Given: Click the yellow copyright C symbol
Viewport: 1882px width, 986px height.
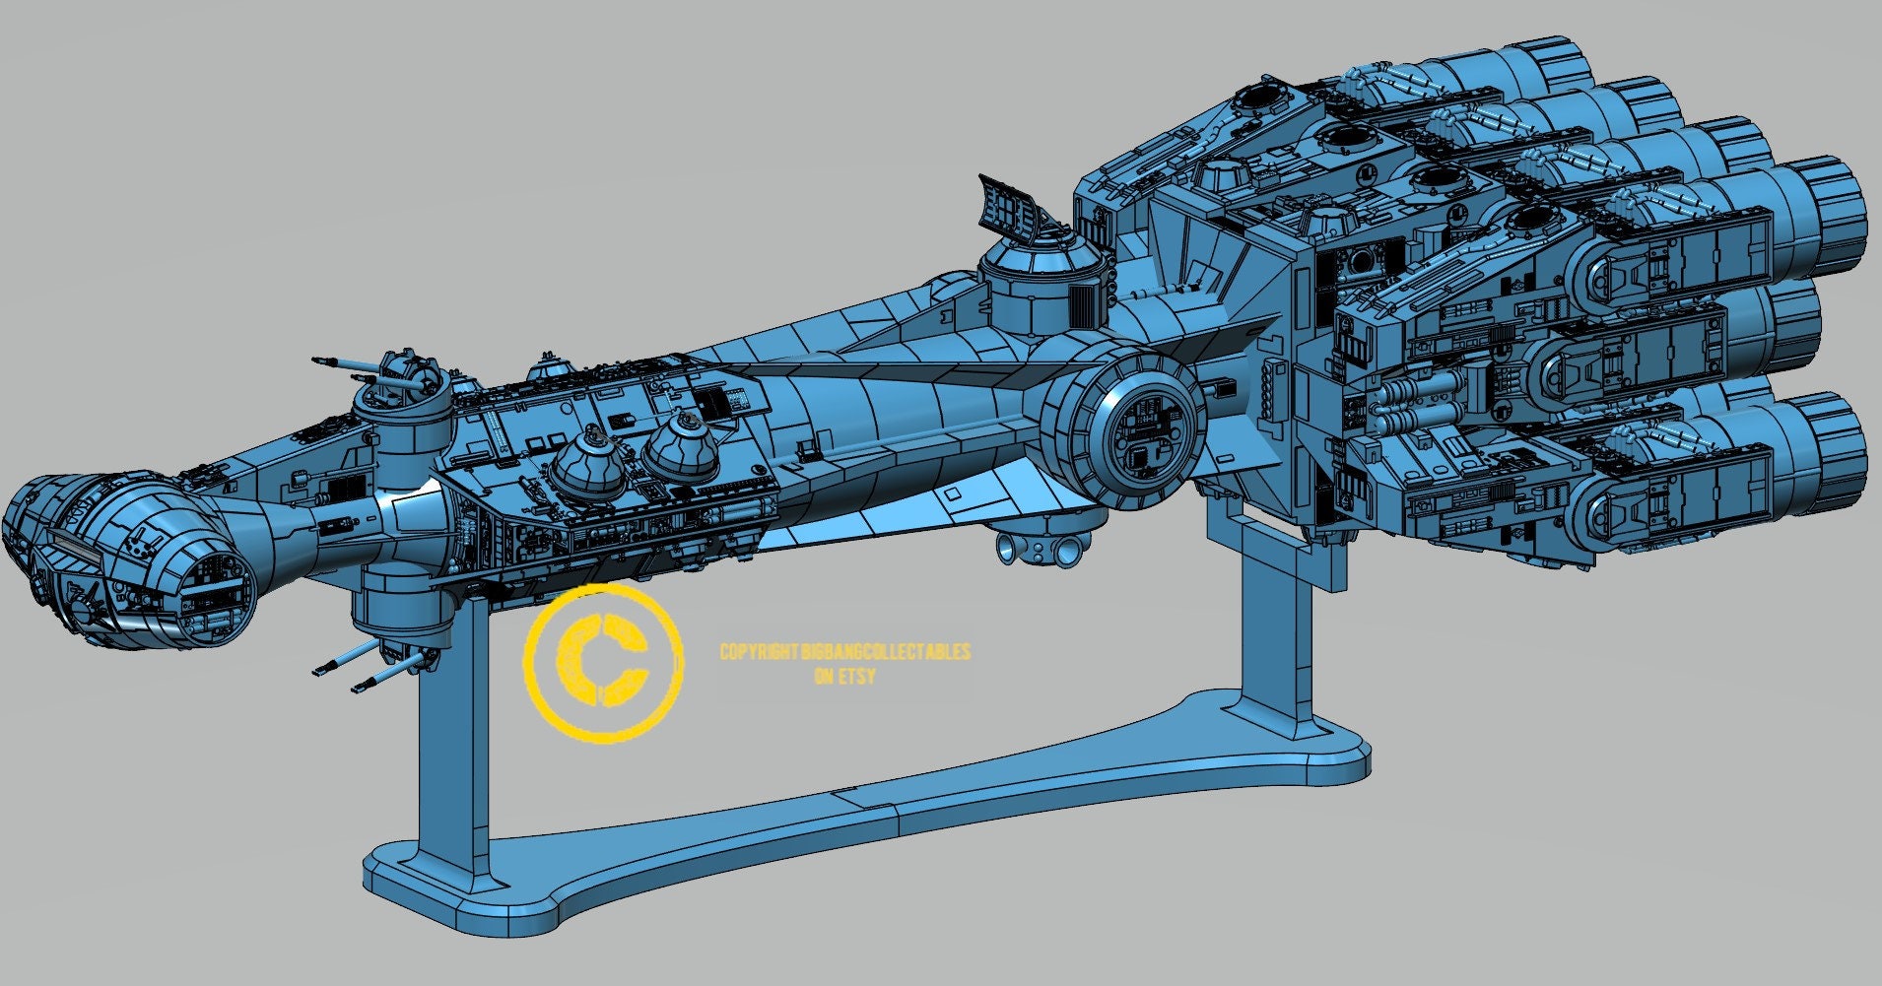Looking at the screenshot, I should click(602, 663).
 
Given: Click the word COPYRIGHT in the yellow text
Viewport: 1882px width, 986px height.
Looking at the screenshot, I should click(758, 652).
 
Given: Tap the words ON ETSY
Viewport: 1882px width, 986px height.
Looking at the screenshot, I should click(845, 677).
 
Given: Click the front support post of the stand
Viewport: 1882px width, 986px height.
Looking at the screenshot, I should click(452, 729).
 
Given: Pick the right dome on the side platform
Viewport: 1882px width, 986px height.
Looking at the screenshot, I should click(681, 450).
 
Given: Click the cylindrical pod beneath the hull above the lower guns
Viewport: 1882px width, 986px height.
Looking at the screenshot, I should click(399, 606).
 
